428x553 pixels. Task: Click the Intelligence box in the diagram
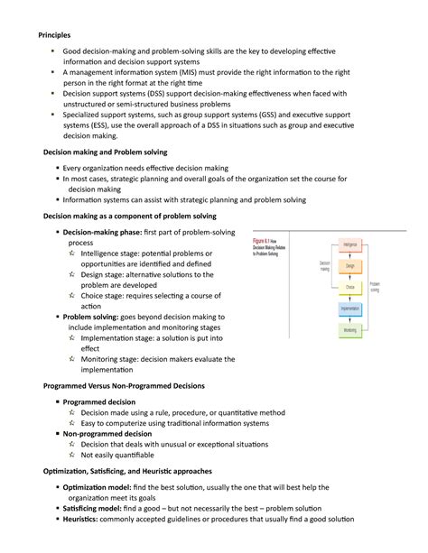pos(350,244)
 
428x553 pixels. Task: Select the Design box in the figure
pos(350,266)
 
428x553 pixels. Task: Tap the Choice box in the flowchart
pos(350,287)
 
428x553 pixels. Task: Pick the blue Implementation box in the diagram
pos(350,309)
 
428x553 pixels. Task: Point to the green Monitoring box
pos(350,330)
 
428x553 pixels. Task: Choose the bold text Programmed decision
pos(99,401)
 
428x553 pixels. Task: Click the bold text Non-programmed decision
pos(107,434)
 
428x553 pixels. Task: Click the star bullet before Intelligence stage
pos(71,253)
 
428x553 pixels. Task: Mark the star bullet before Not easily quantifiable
pos(71,456)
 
